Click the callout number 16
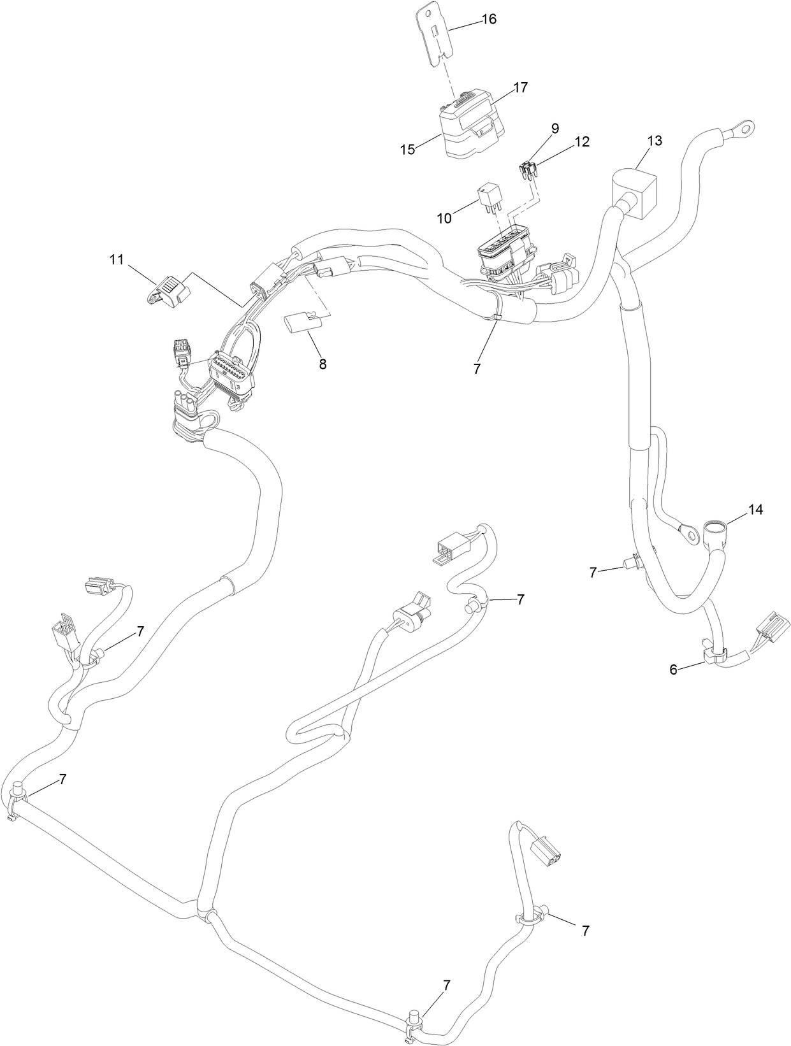click(x=489, y=19)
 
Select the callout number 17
click(x=520, y=88)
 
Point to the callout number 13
click(x=655, y=141)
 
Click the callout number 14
click(x=755, y=510)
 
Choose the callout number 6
click(x=673, y=670)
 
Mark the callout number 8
click(x=323, y=364)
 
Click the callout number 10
click(x=444, y=218)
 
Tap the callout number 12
click(x=581, y=142)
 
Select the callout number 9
click(x=555, y=128)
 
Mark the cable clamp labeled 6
click(x=715, y=654)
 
